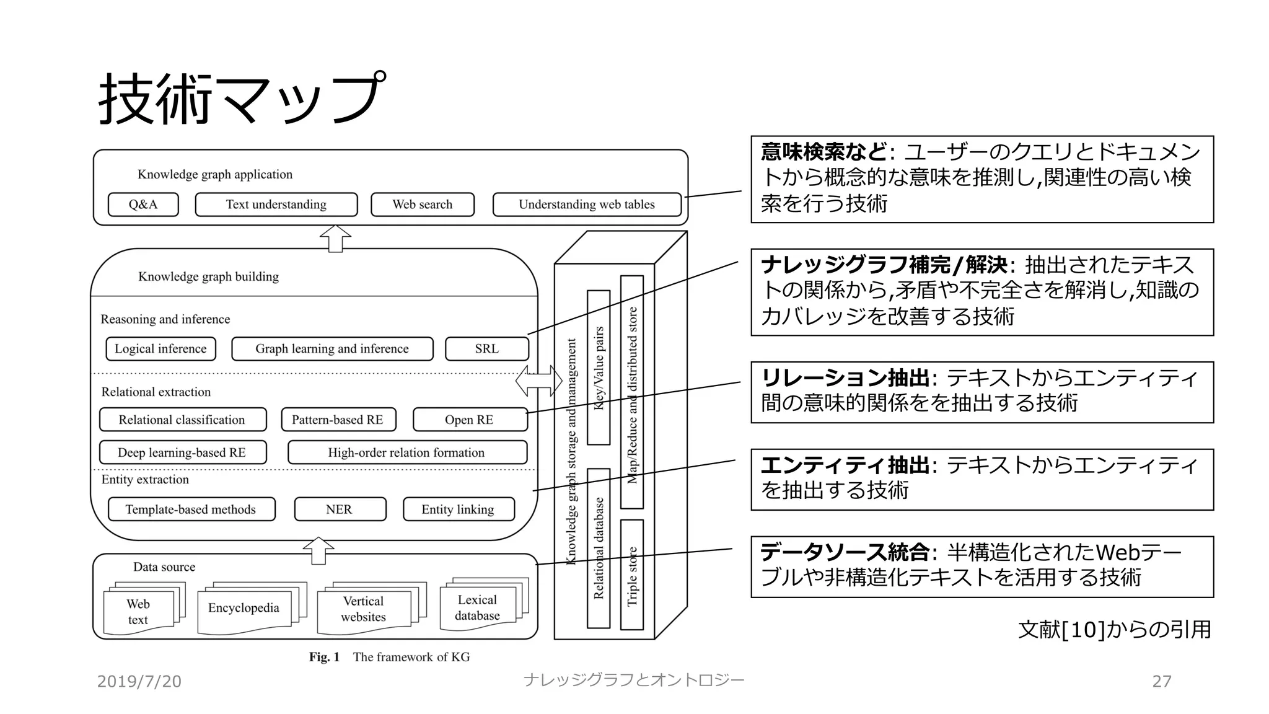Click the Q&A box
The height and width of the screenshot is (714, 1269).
pyautogui.click(x=143, y=205)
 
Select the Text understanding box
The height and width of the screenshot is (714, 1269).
pyautogui.click(x=276, y=205)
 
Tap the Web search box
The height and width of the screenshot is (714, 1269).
pyautogui.click(x=423, y=205)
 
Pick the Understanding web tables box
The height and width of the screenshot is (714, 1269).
pyautogui.click(x=587, y=205)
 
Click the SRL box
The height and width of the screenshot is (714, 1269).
pyautogui.click(x=487, y=349)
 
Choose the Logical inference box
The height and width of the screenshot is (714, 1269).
pyautogui.click(x=160, y=349)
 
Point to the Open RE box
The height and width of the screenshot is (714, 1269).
pyautogui.click(x=470, y=420)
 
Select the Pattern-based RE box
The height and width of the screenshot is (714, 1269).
pyautogui.click(x=338, y=420)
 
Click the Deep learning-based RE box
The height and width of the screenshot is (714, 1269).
pyautogui.click(x=183, y=452)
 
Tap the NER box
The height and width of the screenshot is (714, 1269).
pyautogui.click(x=340, y=509)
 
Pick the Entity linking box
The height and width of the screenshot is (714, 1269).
pyautogui.click(x=459, y=509)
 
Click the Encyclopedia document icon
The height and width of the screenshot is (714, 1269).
pyautogui.click(x=244, y=609)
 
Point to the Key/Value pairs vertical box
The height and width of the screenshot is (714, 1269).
pyautogui.click(x=599, y=368)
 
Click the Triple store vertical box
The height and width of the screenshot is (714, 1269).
pyautogui.click(x=632, y=575)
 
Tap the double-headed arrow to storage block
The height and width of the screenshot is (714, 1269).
pyautogui.click(x=538, y=381)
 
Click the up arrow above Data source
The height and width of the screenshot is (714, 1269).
pyautogui.click(x=318, y=550)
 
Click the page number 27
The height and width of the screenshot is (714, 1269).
pyautogui.click(x=1161, y=682)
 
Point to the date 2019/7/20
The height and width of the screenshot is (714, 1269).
pyautogui.click(x=139, y=682)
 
